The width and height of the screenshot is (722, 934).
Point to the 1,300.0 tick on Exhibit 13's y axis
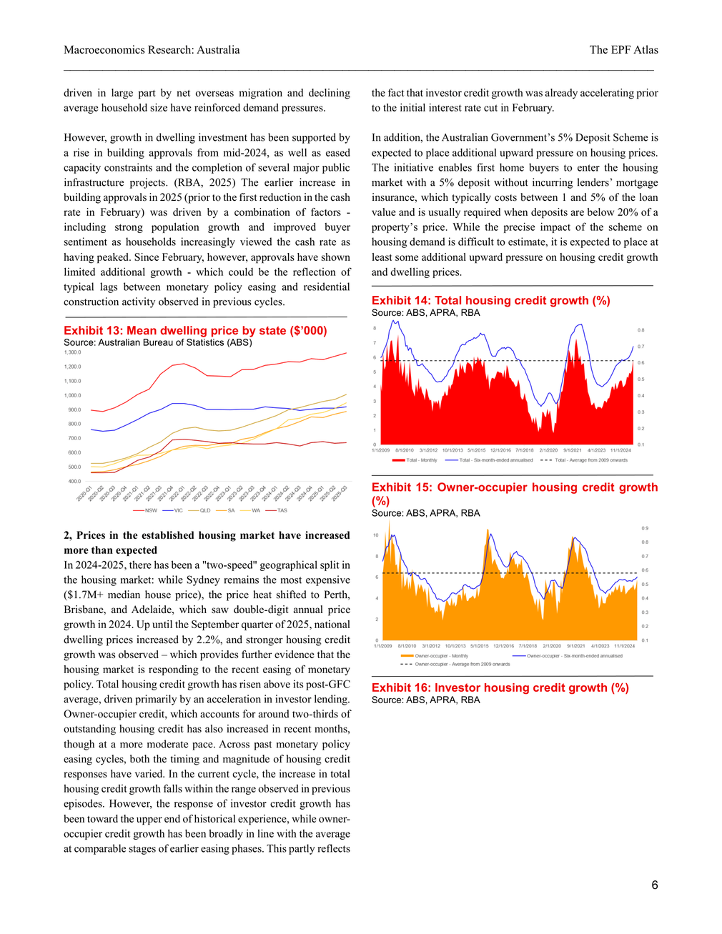(72, 352)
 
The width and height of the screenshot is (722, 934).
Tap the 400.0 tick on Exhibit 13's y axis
(74, 481)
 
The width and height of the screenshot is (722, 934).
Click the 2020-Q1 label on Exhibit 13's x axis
(84, 494)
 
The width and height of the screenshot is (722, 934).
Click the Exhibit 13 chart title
(195, 330)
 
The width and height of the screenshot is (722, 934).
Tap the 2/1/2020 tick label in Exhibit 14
(548, 450)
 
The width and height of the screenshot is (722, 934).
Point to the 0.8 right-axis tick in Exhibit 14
(641, 330)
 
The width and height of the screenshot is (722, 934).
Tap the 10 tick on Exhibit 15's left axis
(375, 535)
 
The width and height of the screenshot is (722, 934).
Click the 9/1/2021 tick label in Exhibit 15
(575, 646)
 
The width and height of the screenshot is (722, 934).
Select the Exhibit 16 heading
(500, 687)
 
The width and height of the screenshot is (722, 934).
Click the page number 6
(654, 885)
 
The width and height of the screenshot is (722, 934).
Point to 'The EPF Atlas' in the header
(623, 49)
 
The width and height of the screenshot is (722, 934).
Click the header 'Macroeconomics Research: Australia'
(152, 49)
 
